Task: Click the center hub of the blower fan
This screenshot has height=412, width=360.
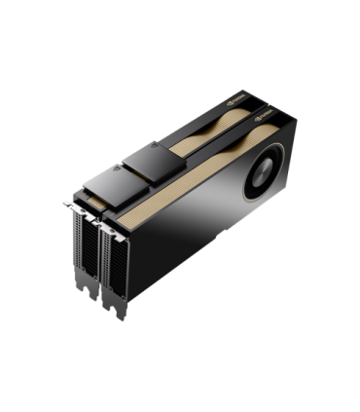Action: point(264,174)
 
